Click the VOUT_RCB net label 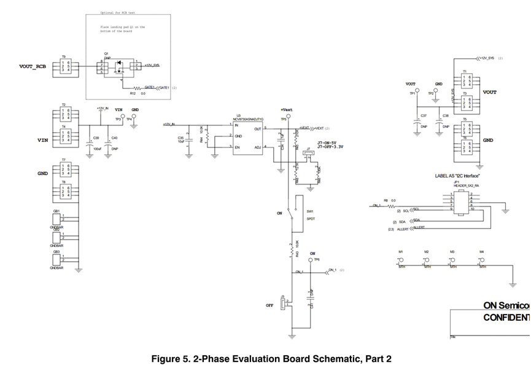33,66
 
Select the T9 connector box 66,66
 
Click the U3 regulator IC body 248,136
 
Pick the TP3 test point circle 118,115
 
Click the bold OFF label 269,305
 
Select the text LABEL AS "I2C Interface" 457,176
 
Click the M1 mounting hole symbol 400,261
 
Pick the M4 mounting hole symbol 481,261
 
